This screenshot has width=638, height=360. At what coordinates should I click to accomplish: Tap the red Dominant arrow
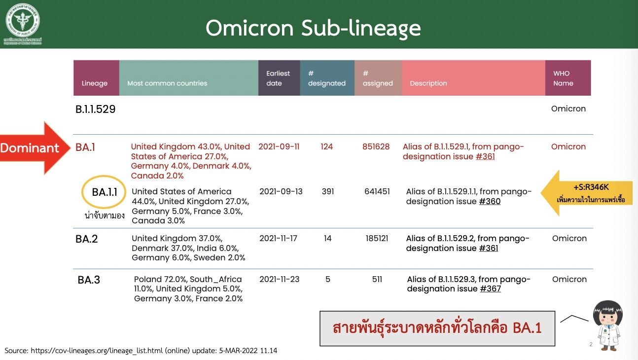click(x=35, y=148)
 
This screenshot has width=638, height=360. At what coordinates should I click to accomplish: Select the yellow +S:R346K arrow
click(x=587, y=193)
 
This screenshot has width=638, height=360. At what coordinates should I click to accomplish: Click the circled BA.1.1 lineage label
click(x=104, y=192)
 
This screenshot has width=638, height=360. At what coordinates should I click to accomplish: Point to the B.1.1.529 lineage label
click(x=96, y=109)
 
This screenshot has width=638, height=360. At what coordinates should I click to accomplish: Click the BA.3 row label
click(x=89, y=280)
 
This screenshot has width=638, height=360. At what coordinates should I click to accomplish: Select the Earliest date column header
click(x=278, y=78)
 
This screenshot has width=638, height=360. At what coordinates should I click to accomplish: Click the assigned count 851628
click(x=376, y=146)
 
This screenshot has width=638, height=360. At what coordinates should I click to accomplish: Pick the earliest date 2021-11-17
click(x=278, y=238)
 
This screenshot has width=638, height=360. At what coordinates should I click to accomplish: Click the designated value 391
click(x=328, y=191)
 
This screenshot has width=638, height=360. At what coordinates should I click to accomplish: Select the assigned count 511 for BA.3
click(x=377, y=279)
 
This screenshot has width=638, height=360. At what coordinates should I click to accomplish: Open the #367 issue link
click(x=491, y=289)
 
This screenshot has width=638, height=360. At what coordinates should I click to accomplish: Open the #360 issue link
click(x=490, y=201)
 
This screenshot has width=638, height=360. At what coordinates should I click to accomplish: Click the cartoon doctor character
click(x=608, y=325)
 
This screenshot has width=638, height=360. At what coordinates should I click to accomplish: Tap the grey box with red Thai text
click(x=437, y=328)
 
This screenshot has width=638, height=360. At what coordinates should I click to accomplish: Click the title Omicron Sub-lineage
click(x=313, y=28)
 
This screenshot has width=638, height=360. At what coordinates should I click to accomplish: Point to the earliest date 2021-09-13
click(x=281, y=191)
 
